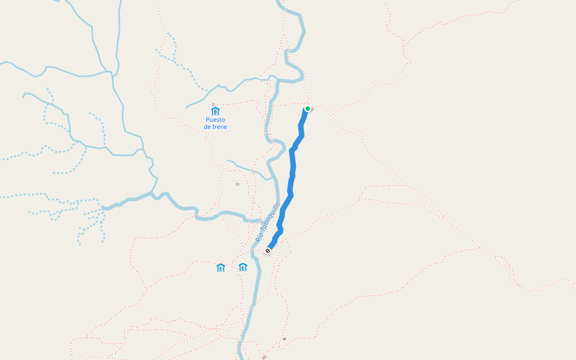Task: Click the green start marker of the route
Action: click(308, 109)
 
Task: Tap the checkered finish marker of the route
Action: click(268, 251)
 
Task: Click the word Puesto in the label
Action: click(215, 119)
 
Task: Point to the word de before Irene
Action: click(207, 127)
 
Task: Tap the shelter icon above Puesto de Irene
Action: click(215, 110)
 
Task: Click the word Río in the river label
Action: click(259, 237)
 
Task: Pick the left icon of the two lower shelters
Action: click(221, 268)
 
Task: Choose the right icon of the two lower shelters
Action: click(242, 267)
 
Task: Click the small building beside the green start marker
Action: click(313, 109)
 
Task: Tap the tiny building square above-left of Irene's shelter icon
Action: click(213, 104)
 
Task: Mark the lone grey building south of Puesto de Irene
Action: click(238, 184)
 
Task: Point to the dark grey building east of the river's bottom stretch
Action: click(284, 339)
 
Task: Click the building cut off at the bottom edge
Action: click(264, 357)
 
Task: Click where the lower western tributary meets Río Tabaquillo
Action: click(248, 218)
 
